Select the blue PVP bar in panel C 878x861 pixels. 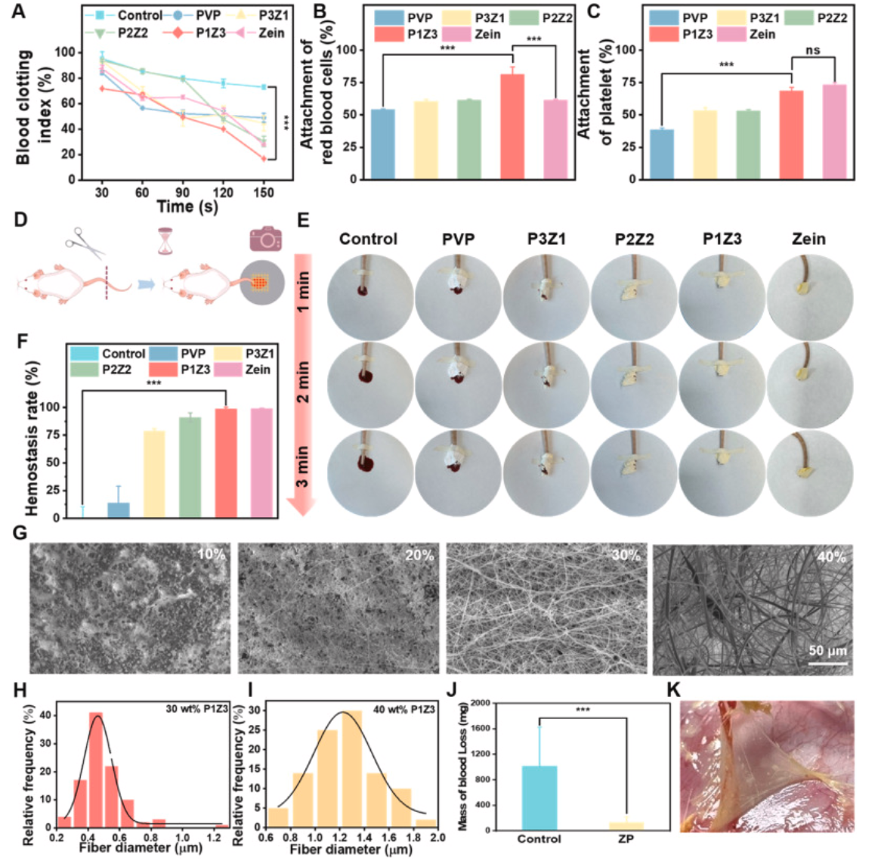662,154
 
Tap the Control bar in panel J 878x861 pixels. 539,798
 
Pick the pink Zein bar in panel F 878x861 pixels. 261,463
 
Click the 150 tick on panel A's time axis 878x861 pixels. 264,193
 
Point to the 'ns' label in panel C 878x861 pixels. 813,51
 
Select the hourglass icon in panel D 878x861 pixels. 165,243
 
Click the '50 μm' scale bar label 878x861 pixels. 827,651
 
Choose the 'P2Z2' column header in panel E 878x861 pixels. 634,240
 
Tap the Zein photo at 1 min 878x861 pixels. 809,297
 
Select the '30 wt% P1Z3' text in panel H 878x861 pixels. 197,708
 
